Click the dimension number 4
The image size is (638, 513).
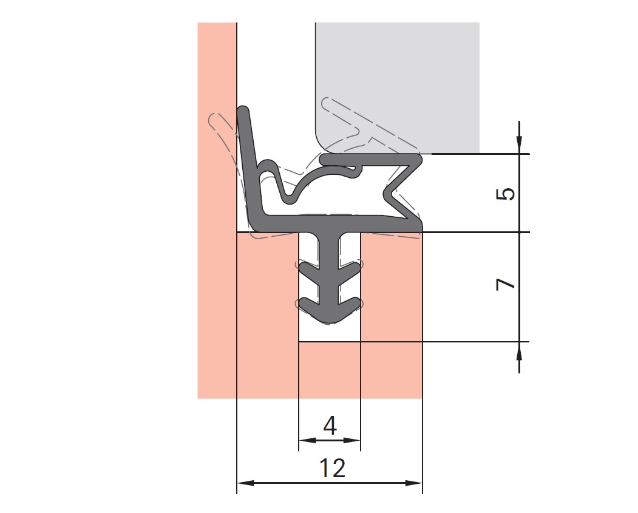(330, 426)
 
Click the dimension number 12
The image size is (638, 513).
(333, 468)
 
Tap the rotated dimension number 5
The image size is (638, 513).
(505, 194)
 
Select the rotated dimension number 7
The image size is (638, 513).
(505, 284)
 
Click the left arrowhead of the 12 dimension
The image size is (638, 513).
(246, 483)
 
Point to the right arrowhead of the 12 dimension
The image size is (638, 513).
(414, 483)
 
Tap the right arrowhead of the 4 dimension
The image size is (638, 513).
(352, 440)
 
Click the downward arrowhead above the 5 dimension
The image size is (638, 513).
(519, 145)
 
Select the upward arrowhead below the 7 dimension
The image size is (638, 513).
(519, 351)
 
